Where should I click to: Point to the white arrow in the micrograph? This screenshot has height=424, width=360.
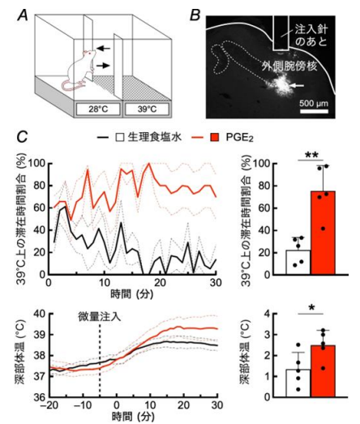coord(315,84)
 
